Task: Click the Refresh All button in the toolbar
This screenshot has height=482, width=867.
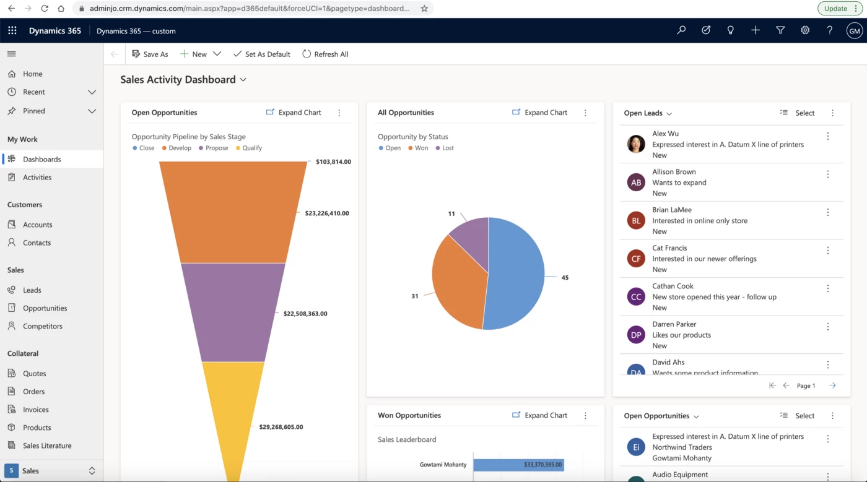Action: click(x=325, y=54)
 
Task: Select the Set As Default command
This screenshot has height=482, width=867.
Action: click(x=261, y=54)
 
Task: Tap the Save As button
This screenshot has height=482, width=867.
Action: click(x=150, y=54)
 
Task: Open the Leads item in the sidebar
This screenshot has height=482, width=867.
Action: click(x=32, y=290)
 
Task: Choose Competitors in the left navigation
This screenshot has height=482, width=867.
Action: click(x=43, y=326)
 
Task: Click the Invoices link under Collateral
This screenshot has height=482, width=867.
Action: click(x=36, y=410)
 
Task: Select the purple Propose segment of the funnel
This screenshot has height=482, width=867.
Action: click(x=233, y=312)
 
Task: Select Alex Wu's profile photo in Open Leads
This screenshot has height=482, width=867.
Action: click(x=636, y=144)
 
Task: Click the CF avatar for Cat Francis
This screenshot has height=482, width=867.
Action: click(x=636, y=259)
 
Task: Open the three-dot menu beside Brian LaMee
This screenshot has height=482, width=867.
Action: click(x=828, y=212)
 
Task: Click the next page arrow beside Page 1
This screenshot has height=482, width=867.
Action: click(x=832, y=385)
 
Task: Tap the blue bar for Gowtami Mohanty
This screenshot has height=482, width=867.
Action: click(x=518, y=465)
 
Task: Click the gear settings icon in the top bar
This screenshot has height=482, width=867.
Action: click(x=805, y=30)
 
